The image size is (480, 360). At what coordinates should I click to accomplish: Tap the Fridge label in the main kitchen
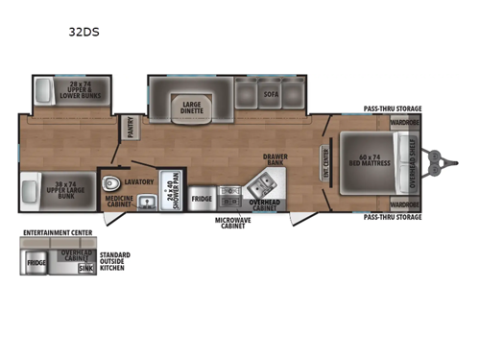202,200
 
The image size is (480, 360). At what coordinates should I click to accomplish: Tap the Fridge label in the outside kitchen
36,261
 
